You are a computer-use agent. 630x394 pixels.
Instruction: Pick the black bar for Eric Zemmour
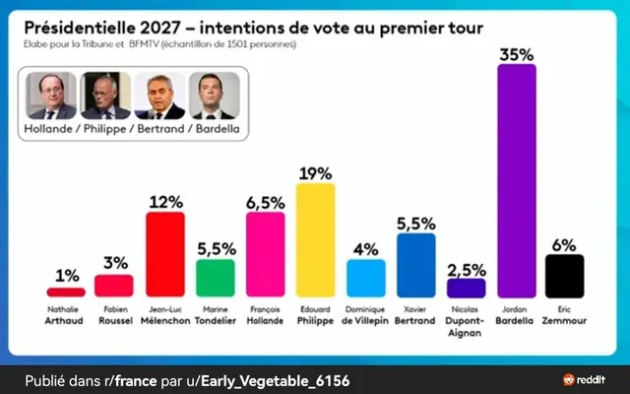565,275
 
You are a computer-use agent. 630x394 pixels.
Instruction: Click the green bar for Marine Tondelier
215,277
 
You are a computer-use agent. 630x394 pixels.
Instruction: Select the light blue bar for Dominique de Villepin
365,278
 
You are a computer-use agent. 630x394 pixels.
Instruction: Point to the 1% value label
65,274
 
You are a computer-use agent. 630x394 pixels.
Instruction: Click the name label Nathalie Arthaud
65,314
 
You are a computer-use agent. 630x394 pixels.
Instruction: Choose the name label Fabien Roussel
113,314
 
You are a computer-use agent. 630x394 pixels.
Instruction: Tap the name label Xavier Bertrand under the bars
415,314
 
